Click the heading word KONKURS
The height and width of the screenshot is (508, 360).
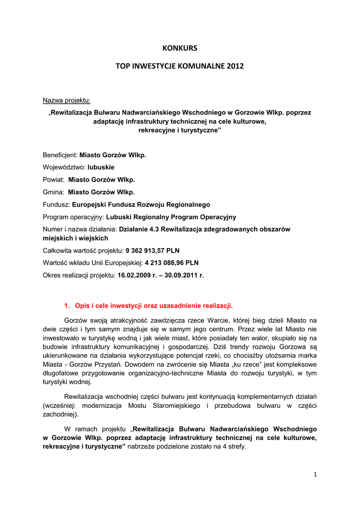pyautogui.click(x=180, y=48)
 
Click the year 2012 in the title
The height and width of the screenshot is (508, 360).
pyautogui.click(x=236, y=66)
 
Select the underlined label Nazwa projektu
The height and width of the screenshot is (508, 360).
pyautogui.click(x=67, y=101)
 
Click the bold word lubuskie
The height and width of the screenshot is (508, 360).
pyautogui.click(x=101, y=167)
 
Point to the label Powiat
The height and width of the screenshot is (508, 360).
pyautogui.click(x=54, y=180)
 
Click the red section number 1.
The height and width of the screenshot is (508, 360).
pyautogui.click(x=67, y=305)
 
